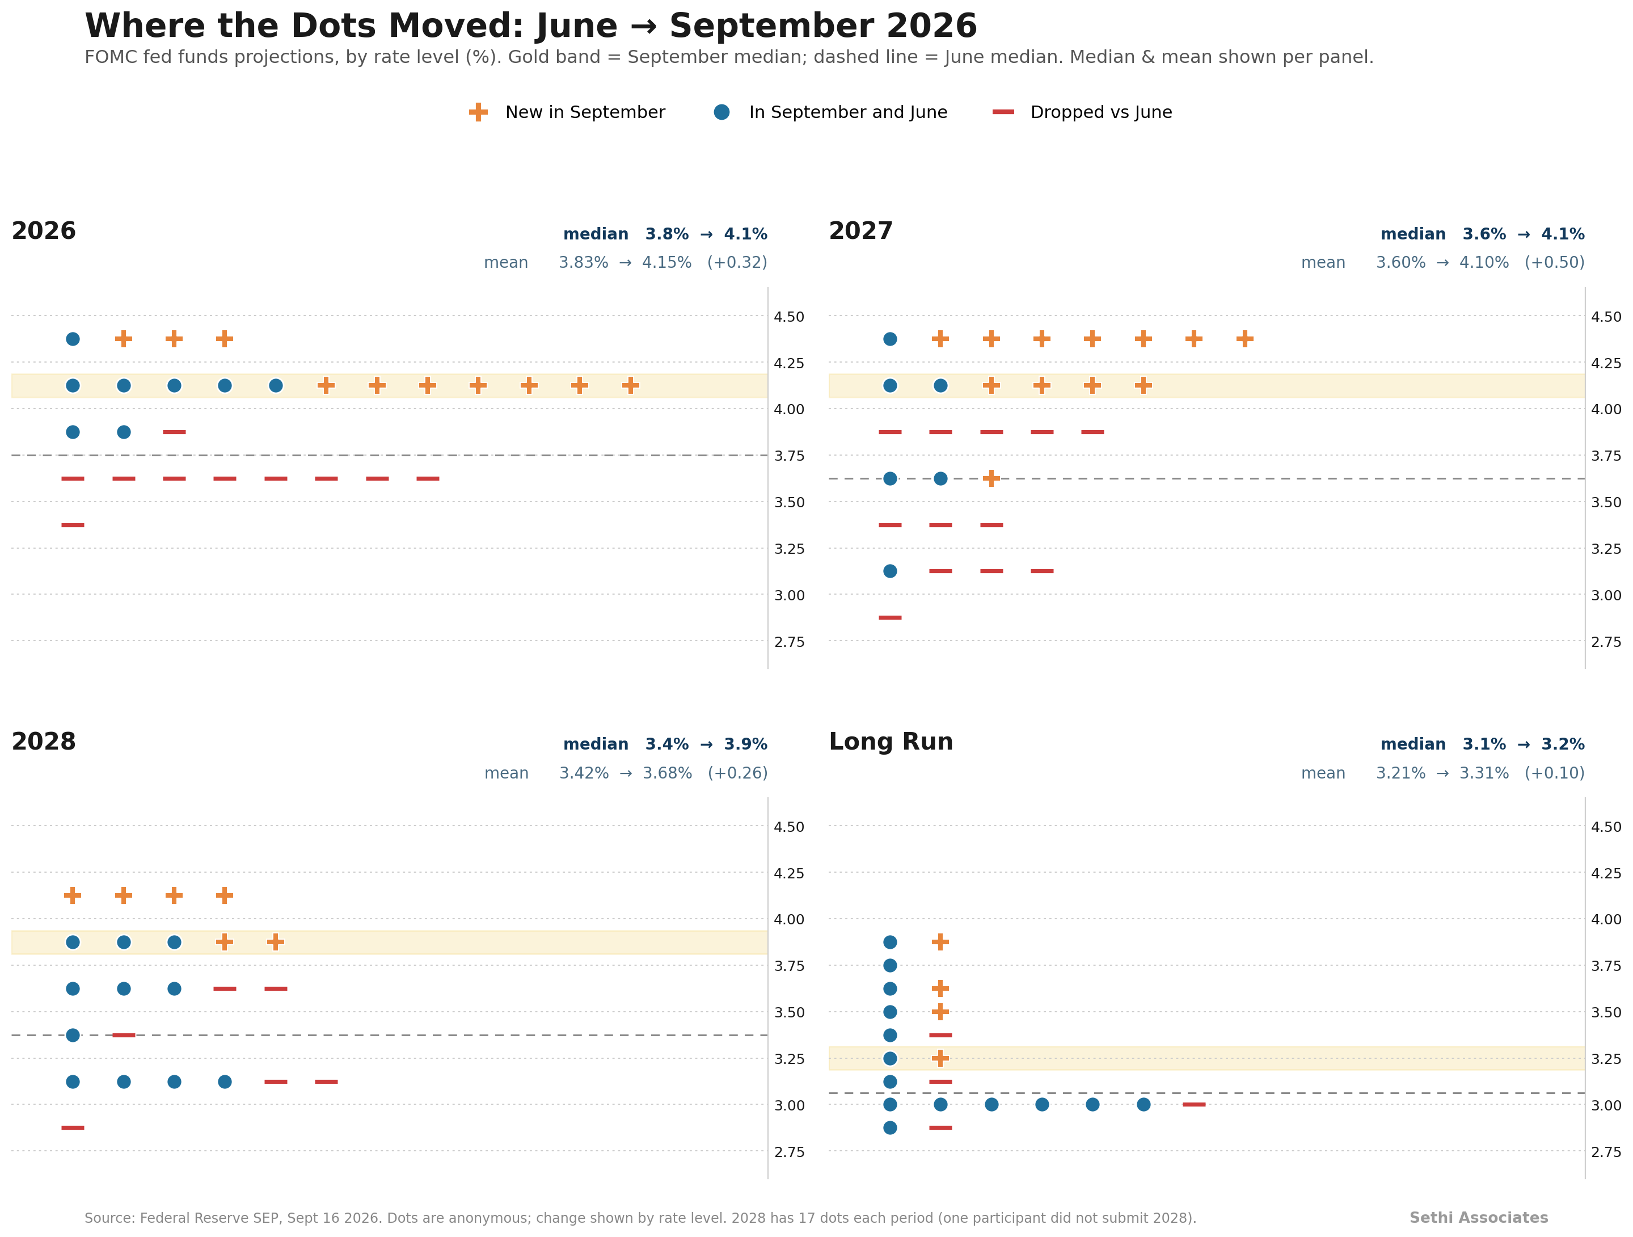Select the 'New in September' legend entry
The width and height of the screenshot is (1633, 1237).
click(567, 112)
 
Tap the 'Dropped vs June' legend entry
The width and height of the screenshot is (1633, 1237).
click(1082, 112)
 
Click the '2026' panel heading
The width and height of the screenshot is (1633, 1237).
click(44, 231)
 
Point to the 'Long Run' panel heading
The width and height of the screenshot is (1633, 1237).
click(891, 742)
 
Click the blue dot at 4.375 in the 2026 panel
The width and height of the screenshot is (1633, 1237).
click(73, 339)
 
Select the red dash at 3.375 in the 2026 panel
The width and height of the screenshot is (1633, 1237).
click(73, 525)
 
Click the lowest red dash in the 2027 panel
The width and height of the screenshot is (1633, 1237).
click(891, 617)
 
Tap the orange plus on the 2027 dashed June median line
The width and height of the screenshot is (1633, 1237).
click(991, 478)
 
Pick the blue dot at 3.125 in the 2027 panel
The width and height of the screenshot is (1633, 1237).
click(891, 571)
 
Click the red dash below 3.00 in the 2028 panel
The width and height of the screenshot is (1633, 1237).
click(73, 1127)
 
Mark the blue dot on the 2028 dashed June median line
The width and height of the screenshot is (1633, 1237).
click(73, 1036)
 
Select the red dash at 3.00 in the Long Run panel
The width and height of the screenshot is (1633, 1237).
click(1194, 1105)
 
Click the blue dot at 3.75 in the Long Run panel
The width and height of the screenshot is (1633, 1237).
click(891, 965)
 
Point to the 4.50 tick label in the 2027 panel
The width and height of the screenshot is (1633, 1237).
click(1606, 317)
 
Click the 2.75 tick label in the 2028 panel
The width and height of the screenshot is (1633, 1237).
click(789, 1152)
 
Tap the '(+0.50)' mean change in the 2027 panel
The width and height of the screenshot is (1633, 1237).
click(1555, 263)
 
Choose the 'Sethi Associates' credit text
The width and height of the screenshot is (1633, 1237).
click(1479, 1218)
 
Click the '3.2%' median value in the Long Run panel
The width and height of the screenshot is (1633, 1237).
click(1563, 744)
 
